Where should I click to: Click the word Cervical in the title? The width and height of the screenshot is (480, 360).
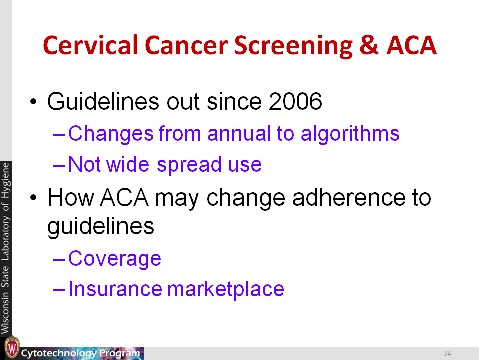90,45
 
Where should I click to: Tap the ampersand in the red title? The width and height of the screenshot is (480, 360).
369,45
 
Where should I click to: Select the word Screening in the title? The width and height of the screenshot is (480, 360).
293,46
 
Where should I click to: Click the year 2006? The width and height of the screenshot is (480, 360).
295,101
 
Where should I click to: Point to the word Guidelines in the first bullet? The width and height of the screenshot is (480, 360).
103,101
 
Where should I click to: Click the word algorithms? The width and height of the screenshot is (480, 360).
350,134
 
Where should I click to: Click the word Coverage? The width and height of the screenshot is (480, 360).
115,259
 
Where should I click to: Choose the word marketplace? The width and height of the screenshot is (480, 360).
226,289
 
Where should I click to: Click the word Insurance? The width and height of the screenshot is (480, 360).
115,289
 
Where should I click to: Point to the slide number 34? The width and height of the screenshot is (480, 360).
447,353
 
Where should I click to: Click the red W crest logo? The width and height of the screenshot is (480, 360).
12,348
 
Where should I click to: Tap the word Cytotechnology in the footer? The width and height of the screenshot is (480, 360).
59,353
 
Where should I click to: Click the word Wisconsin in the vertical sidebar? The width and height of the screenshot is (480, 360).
5,313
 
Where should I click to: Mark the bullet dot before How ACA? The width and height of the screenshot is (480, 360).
33,198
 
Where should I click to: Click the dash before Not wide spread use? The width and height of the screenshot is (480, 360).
59,166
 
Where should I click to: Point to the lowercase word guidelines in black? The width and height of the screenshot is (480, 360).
100,227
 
